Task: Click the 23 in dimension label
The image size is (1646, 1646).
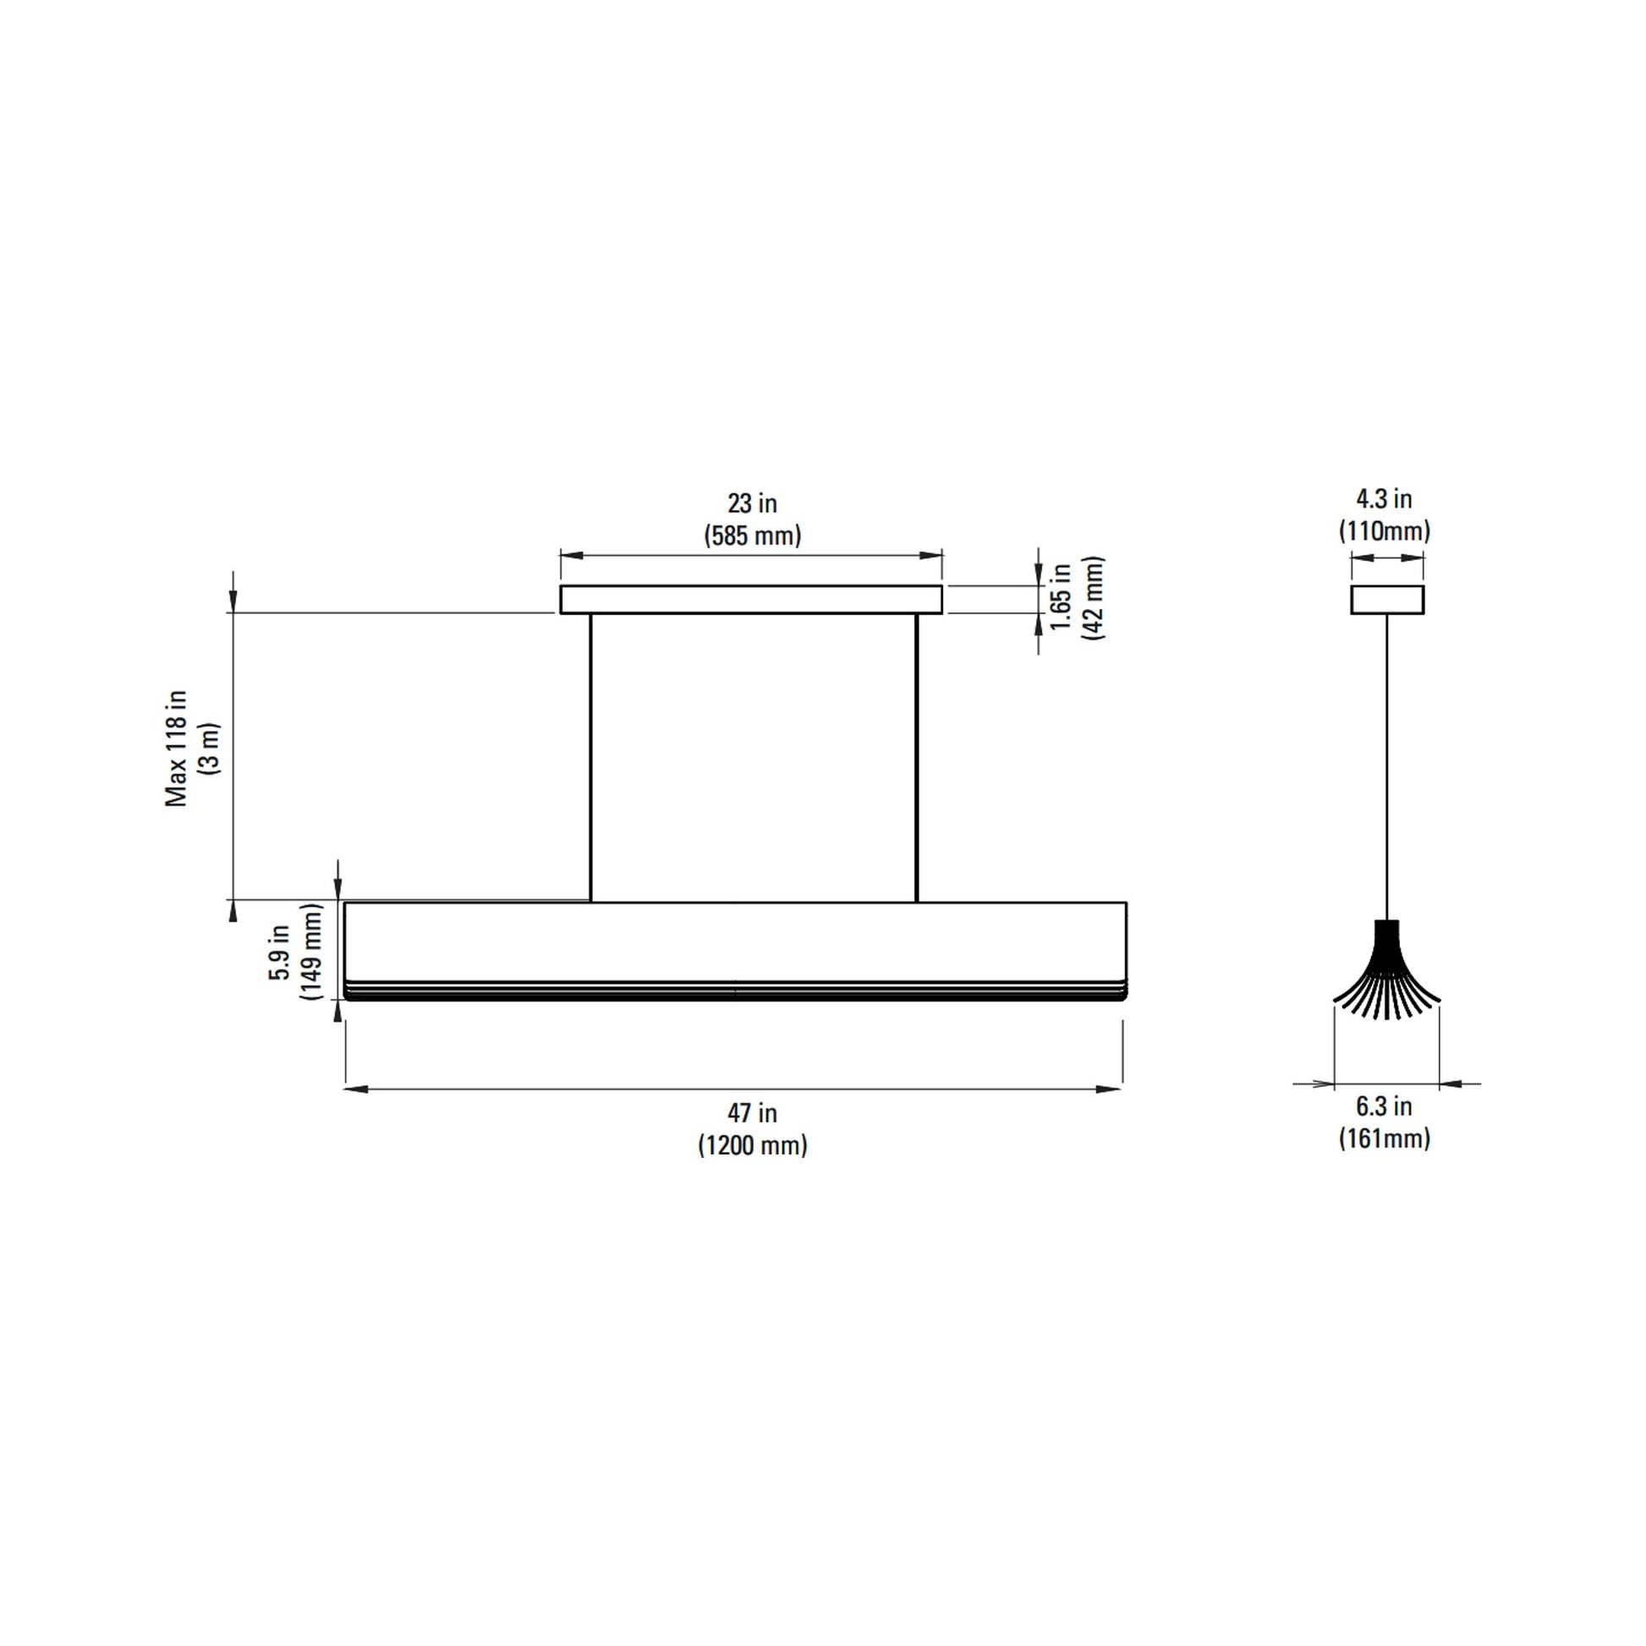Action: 752,503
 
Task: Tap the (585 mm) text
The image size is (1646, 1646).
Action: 752,536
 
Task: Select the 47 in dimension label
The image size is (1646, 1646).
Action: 752,1112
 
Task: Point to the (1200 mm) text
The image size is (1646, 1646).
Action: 752,1145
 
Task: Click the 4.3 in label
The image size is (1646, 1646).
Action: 1385,498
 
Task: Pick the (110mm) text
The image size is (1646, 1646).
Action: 1385,531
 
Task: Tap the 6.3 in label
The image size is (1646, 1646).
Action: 1385,1106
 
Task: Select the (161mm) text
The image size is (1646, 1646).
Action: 1385,1138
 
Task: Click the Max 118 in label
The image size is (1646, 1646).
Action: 176,747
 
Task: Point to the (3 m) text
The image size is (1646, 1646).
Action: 209,748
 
